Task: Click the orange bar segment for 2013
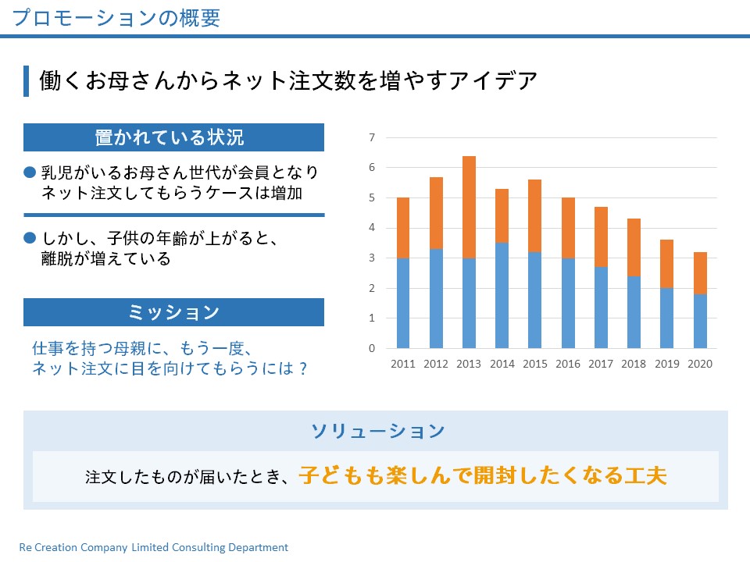tap(469, 207)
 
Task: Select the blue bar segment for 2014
tap(502, 295)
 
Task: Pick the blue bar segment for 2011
tap(403, 303)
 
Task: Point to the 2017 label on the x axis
tap(601, 364)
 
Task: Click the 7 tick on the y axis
tap(372, 138)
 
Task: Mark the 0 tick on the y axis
tap(372, 348)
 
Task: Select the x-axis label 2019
tap(666, 364)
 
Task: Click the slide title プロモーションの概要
tap(116, 18)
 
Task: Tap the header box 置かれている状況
tap(173, 137)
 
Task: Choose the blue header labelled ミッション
tap(173, 312)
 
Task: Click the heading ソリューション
tap(378, 431)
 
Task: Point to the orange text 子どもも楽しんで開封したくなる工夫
tap(483, 475)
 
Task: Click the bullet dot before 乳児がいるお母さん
tap(30, 172)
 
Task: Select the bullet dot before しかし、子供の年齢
tap(30, 237)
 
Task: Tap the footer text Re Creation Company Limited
tap(153, 548)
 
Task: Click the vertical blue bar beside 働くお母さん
tap(26, 81)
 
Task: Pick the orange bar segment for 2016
tap(568, 228)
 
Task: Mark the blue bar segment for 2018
tap(634, 311)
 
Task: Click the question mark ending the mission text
tap(302, 368)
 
